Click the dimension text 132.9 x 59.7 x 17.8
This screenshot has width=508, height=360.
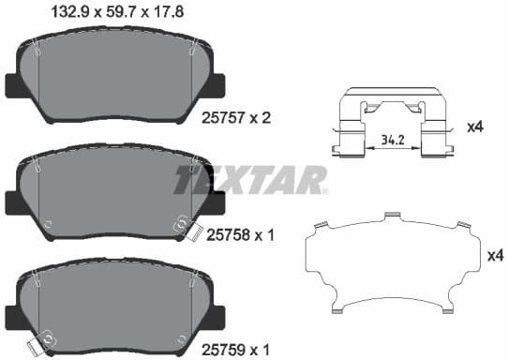(x=109, y=13)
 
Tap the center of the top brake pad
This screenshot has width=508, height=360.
(x=116, y=80)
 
